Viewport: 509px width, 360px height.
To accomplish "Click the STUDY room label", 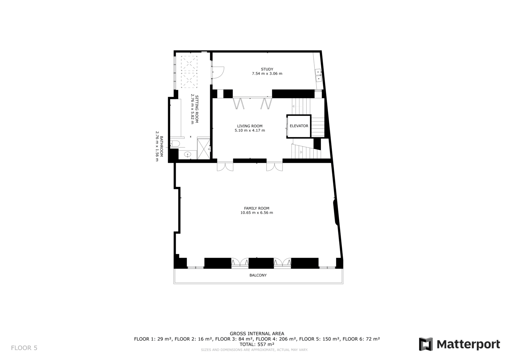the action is click(267, 69).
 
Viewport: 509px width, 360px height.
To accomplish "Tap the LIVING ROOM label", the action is click(250, 126).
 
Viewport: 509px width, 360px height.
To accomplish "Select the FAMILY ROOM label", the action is click(256, 208).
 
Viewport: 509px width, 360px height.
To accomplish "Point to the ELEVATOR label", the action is click(299, 126).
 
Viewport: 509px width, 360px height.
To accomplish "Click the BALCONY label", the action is click(258, 275).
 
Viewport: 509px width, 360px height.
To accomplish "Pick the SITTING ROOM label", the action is click(197, 109).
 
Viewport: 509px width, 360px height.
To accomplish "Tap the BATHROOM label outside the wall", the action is click(161, 146).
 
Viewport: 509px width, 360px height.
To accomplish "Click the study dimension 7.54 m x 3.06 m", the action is click(267, 74).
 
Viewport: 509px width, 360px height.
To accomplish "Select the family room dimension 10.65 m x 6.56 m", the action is click(256, 213).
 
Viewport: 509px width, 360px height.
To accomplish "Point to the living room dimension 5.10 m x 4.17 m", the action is click(250, 131).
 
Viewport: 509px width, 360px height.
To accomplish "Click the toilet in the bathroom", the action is click(175, 143).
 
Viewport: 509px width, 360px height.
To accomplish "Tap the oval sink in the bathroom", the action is click(187, 154).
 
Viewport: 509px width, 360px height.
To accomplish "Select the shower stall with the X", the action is click(203, 149).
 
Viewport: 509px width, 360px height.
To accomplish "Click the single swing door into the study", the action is click(218, 72).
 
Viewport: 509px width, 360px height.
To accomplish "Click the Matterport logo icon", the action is click(426, 344).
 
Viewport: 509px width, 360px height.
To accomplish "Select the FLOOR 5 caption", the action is click(24, 348).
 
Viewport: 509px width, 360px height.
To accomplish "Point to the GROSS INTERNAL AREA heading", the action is click(257, 334).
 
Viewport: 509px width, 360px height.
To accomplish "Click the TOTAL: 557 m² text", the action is click(257, 344).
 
